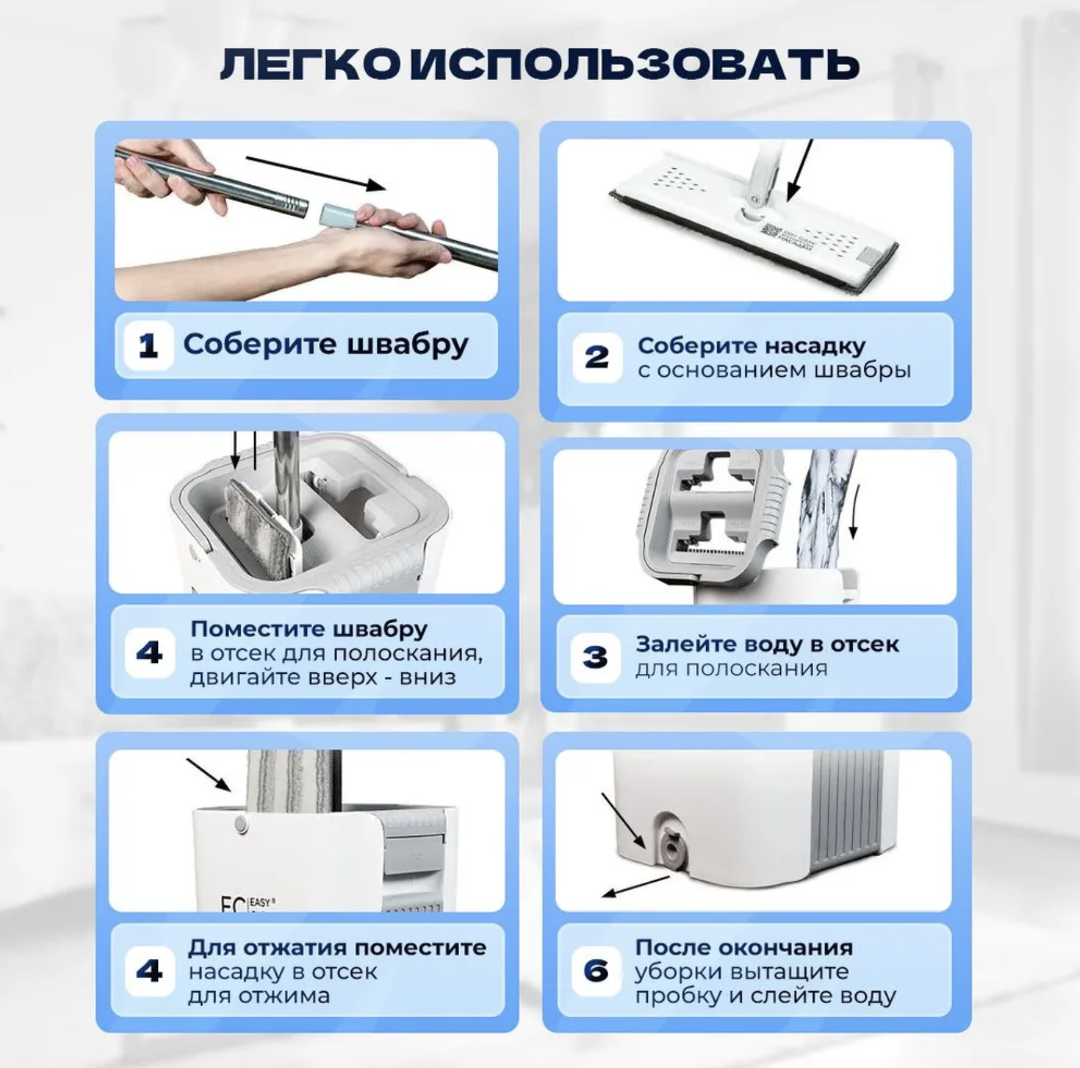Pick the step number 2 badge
(597, 357)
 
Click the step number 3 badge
(595, 657)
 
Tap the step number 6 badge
(596, 970)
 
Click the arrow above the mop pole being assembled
(316, 173)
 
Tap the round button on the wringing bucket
(241, 823)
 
